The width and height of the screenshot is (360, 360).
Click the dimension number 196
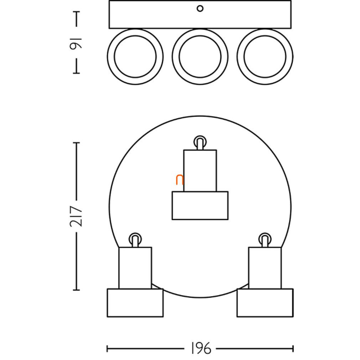coord(201,349)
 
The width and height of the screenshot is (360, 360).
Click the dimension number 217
coord(76,216)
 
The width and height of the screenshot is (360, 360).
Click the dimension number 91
coord(76,44)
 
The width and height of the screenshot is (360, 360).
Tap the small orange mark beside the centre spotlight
coord(180,180)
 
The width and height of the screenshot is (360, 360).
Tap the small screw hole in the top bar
coord(200,9)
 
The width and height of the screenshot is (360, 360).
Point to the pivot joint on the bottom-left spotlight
coord(135,240)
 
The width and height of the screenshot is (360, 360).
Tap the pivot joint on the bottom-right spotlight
coord(265,240)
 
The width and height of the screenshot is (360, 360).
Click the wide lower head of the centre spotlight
coord(200,205)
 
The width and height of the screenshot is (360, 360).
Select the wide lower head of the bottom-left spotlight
coord(135,303)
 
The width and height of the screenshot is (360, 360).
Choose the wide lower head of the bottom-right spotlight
coord(265,303)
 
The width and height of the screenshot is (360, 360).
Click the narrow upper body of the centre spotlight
coord(200,171)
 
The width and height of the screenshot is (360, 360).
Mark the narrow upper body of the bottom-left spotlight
coord(135,268)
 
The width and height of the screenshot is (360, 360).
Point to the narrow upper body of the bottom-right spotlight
coord(265,268)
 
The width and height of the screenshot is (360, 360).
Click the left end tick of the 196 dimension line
coord(107,349)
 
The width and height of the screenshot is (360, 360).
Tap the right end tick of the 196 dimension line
coord(293,349)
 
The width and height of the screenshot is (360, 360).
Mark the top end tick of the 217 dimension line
coord(76,143)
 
